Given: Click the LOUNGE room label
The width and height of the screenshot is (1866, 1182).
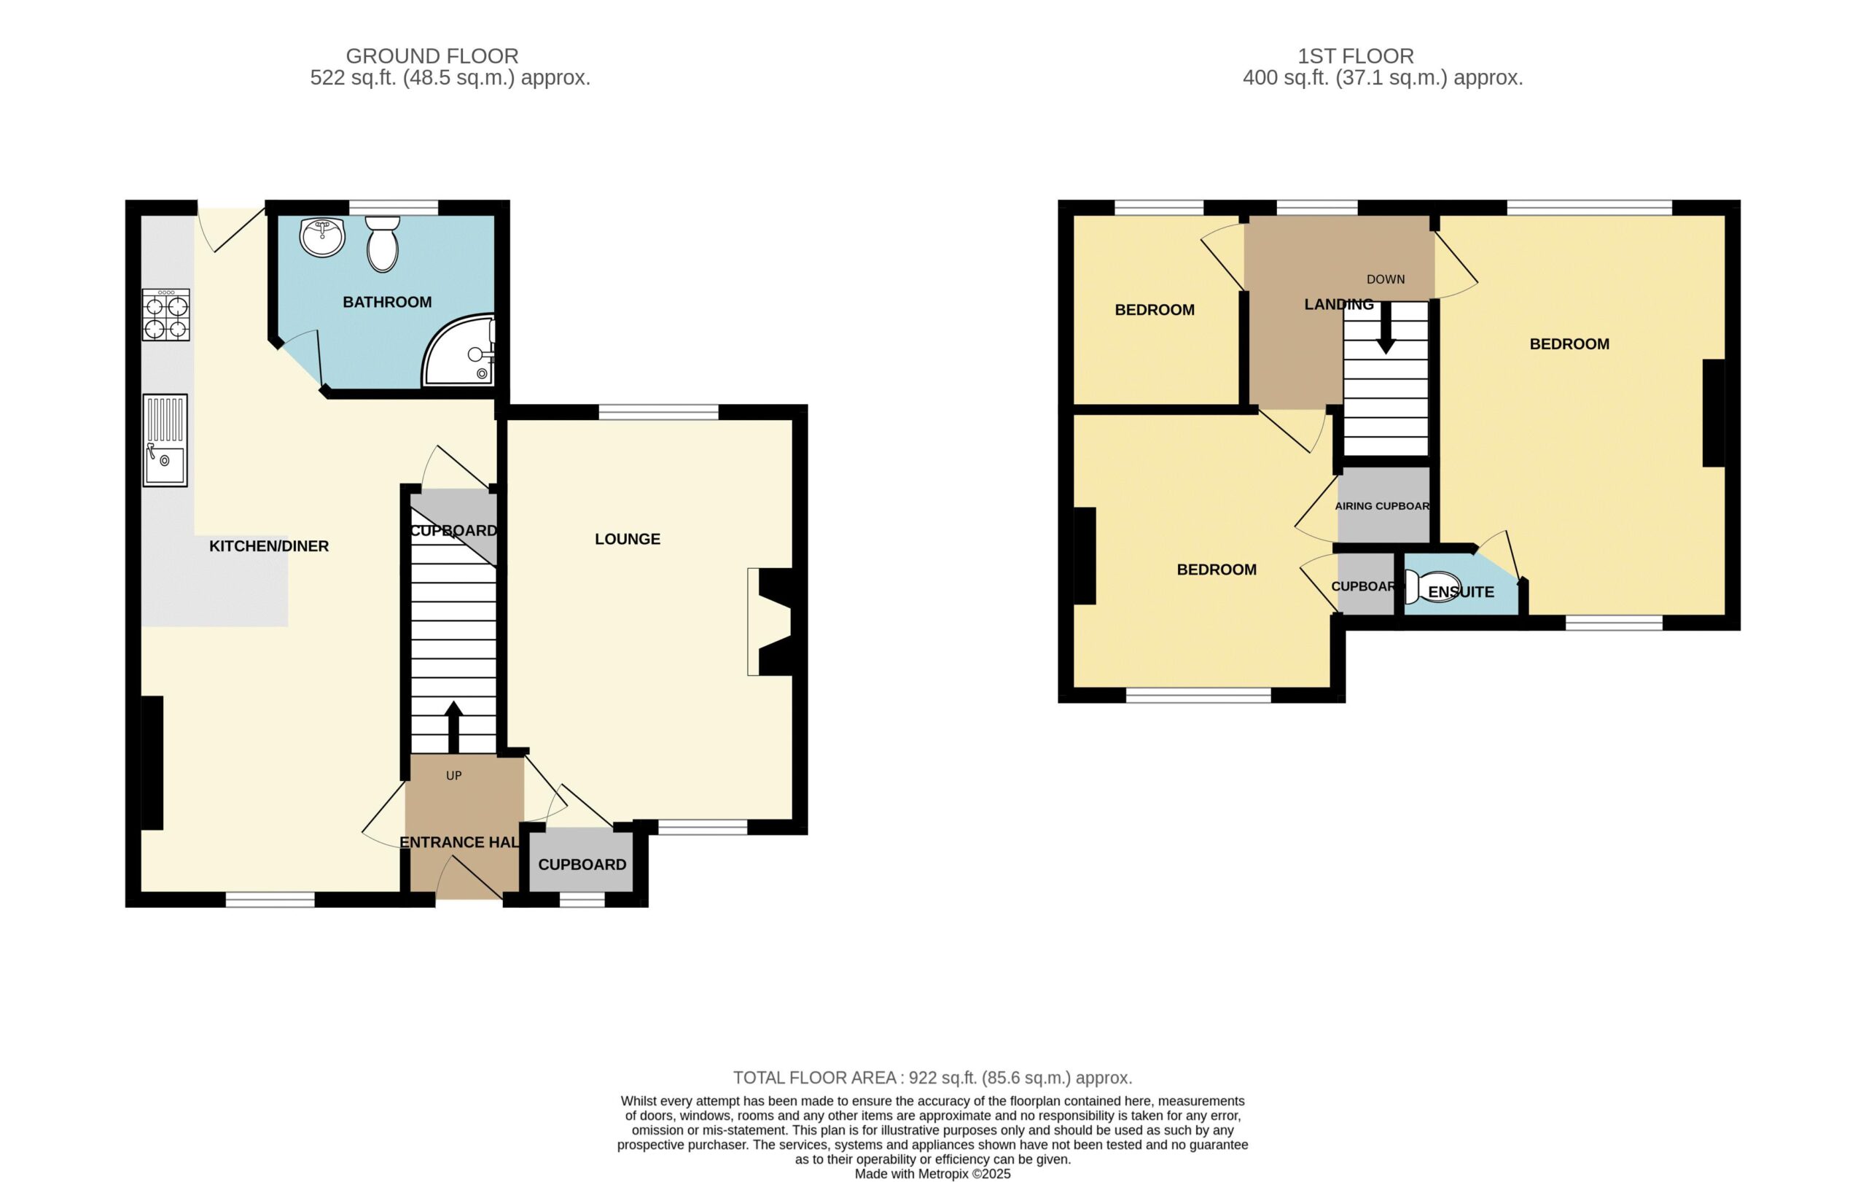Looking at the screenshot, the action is pyautogui.click(x=627, y=539).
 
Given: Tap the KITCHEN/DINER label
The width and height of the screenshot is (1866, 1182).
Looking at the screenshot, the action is pyautogui.click(x=269, y=546).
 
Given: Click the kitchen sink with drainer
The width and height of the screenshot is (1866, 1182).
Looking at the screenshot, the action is pyautogui.click(x=165, y=440).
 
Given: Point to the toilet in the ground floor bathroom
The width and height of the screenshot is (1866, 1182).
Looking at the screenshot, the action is pyautogui.click(x=382, y=243).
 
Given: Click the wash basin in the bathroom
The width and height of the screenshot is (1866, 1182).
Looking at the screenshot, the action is pyautogui.click(x=322, y=237).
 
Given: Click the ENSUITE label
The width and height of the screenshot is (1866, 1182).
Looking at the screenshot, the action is pyautogui.click(x=1461, y=592).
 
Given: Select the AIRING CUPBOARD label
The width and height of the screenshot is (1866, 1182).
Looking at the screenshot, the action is pyautogui.click(x=1383, y=506).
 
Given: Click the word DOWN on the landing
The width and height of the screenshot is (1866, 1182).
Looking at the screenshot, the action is pyautogui.click(x=1386, y=279).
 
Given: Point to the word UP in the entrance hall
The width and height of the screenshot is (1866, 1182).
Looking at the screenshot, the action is pyautogui.click(x=453, y=776).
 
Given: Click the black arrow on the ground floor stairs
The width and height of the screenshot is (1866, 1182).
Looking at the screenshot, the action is pyautogui.click(x=453, y=727).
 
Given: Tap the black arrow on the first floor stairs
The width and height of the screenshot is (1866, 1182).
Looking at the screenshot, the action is pyautogui.click(x=1386, y=328).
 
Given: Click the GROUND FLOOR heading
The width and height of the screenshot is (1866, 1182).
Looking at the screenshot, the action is pyautogui.click(x=432, y=56).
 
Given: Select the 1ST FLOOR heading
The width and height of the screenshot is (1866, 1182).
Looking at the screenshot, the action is pyautogui.click(x=1356, y=56).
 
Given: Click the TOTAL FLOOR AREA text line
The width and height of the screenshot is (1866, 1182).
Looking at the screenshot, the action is pyautogui.click(x=933, y=1078).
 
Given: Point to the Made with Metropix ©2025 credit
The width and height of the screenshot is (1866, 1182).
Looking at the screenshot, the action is pyautogui.click(x=933, y=1173).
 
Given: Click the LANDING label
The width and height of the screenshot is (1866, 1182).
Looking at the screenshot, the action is pyautogui.click(x=1338, y=305).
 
